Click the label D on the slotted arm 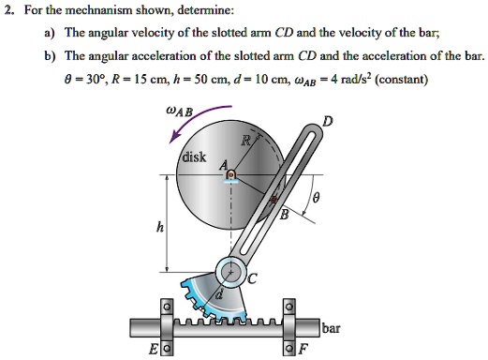[x=326, y=121]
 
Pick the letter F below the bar [x=301, y=351]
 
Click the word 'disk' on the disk [x=196, y=157]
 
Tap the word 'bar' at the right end [x=331, y=329]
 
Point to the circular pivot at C [x=229, y=273]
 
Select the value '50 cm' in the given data [x=236, y=80]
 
